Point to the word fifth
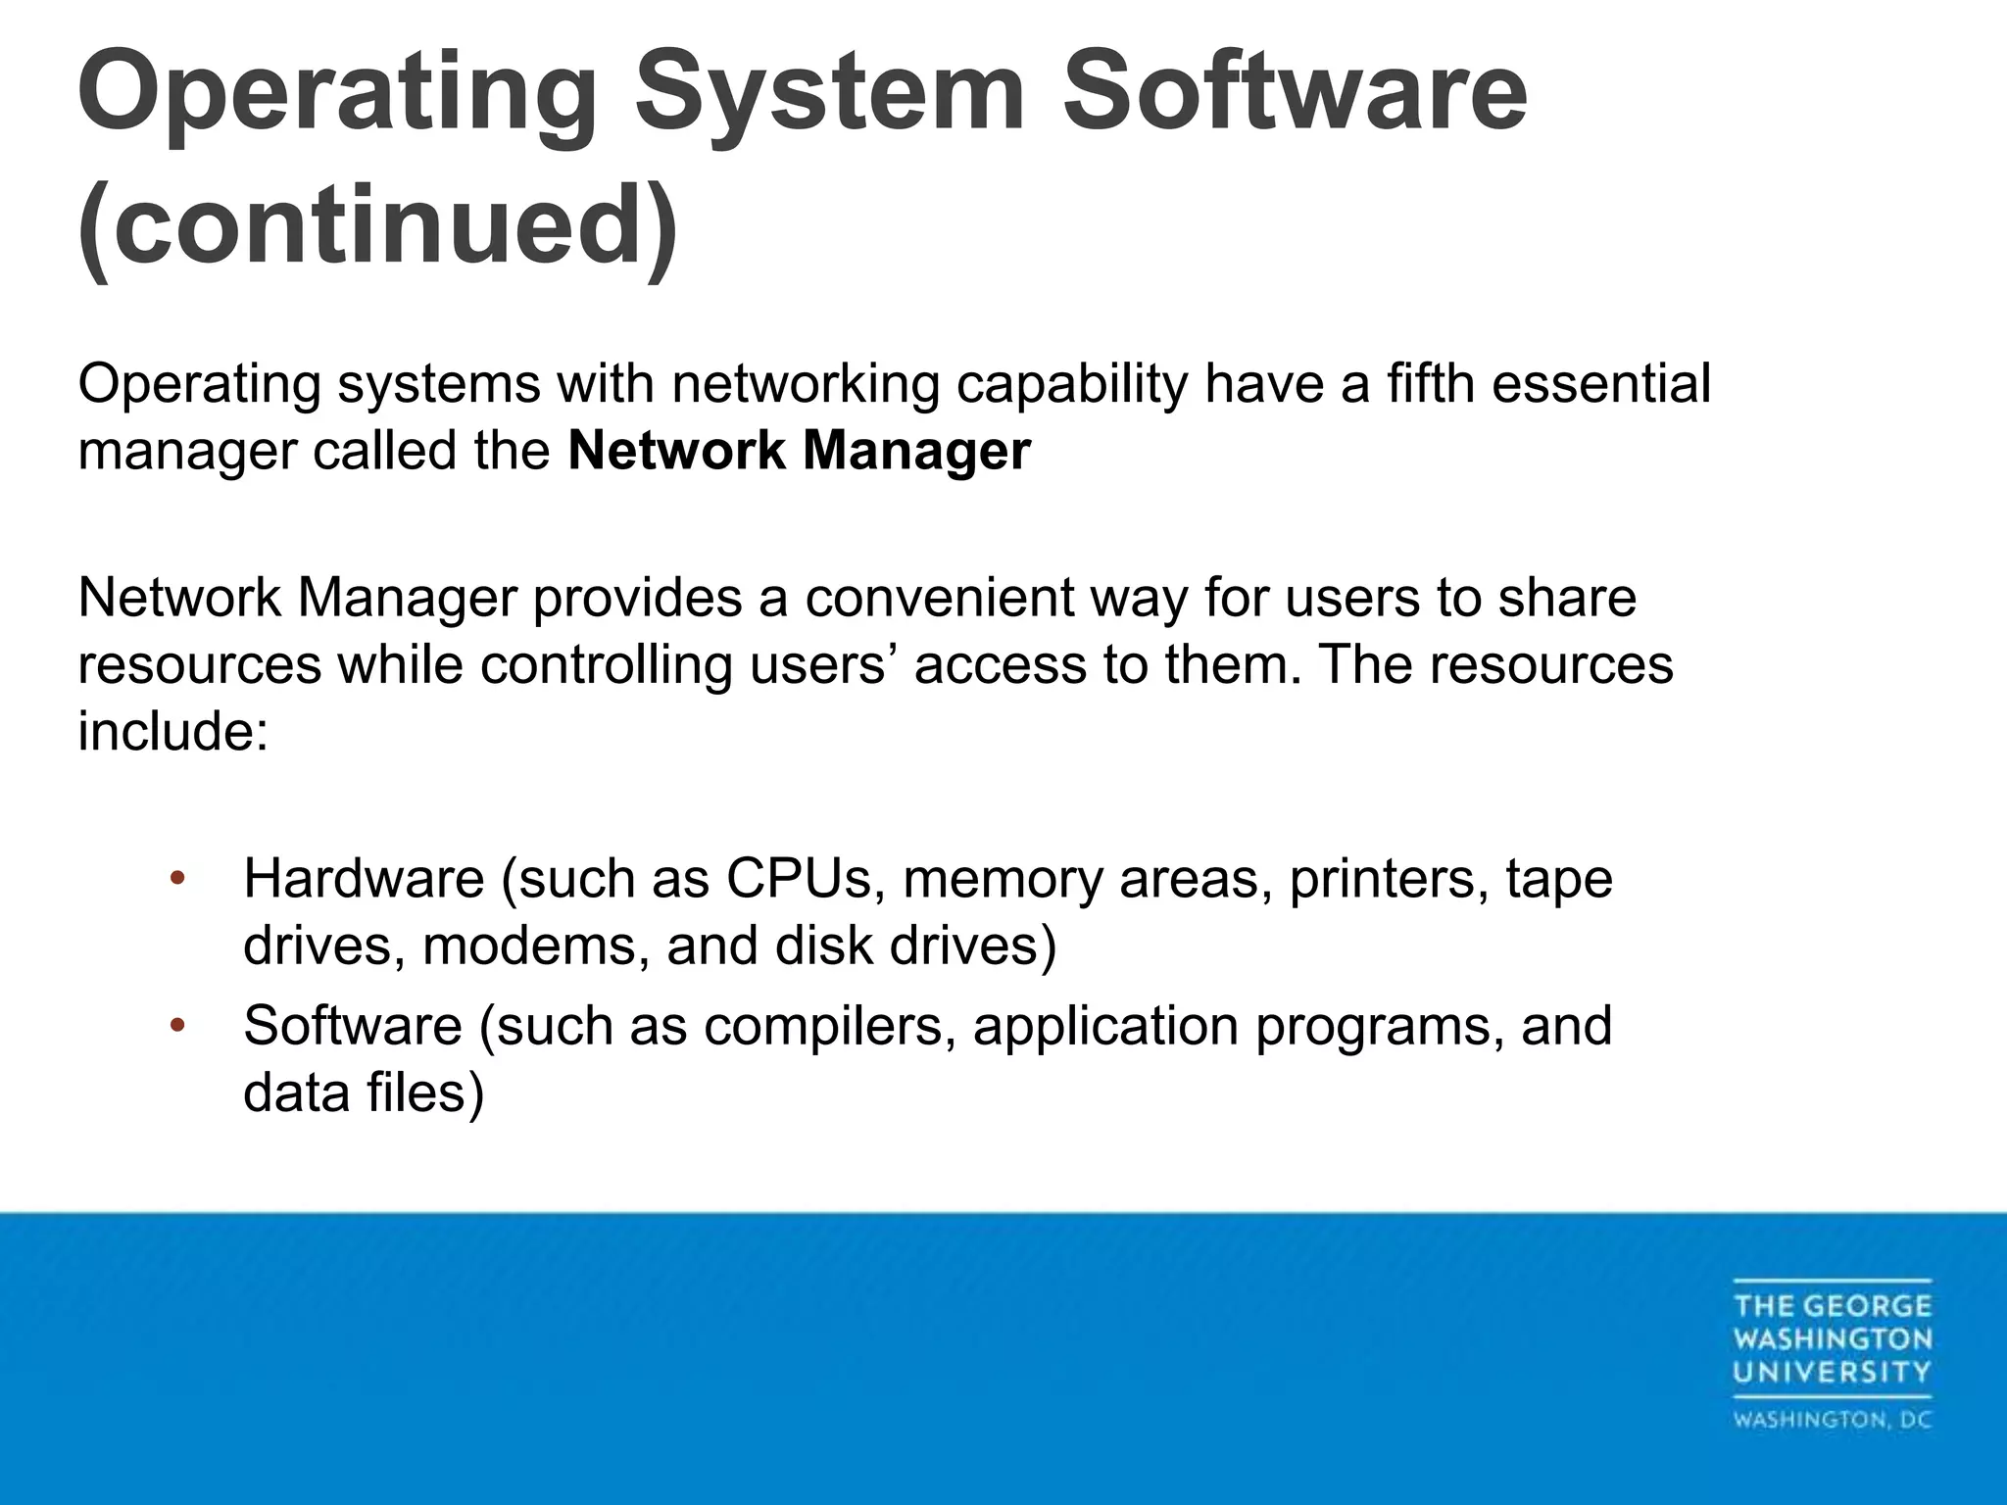click(1430, 383)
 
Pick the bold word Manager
click(915, 451)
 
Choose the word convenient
click(940, 597)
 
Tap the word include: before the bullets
click(172, 731)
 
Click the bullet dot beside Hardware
click(177, 878)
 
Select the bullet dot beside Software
click(177, 1026)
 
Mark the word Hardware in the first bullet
click(364, 878)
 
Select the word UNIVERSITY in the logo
click(1832, 1372)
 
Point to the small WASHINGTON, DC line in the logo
click(1832, 1420)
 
